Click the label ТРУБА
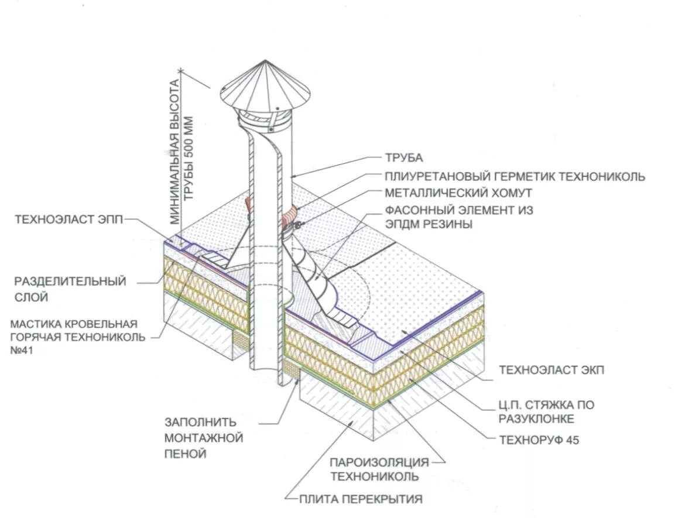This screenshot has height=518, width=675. pyautogui.click(x=403, y=158)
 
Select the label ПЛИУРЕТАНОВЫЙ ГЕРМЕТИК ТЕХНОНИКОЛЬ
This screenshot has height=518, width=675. pyautogui.click(x=515, y=176)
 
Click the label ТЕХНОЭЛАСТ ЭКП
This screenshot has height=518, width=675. pyautogui.click(x=550, y=370)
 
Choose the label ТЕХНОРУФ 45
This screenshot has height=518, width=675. pyautogui.click(x=539, y=440)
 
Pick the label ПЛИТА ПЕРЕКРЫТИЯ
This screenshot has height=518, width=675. pyautogui.click(x=361, y=499)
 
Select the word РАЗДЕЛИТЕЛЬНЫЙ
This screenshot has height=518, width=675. pyautogui.click(x=70, y=282)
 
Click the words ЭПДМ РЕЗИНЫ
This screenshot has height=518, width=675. pyautogui.click(x=429, y=224)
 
